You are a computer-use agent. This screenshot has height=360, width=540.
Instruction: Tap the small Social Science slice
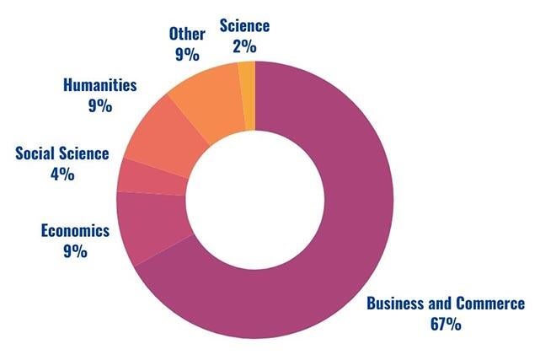pos(152,175)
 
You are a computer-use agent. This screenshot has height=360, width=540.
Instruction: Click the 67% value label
pos(445,324)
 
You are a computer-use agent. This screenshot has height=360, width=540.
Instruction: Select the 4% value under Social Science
pos(62,174)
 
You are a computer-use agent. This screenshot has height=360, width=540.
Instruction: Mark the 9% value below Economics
pos(75,250)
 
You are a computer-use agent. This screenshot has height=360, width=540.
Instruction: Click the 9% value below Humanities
pos(99,105)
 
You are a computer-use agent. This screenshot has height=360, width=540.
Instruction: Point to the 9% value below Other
pos(185,56)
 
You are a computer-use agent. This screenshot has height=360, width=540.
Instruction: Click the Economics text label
pos(75,230)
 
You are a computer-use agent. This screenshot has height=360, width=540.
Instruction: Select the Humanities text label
pos(99,85)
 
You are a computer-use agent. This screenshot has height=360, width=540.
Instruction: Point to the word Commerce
pos(489,304)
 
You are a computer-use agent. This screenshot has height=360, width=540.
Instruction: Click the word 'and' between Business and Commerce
pos(440,304)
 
